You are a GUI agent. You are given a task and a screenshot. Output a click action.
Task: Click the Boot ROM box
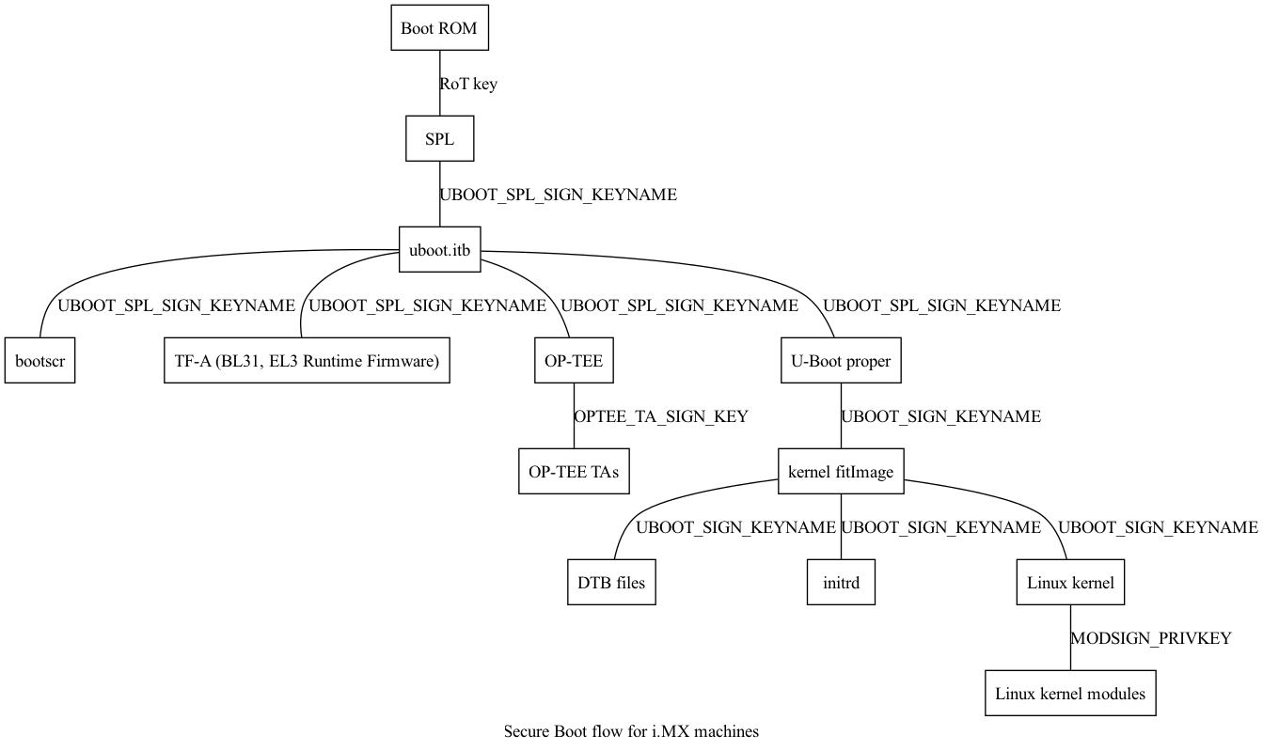coord(439,28)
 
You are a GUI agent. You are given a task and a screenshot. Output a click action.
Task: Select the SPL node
coord(439,139)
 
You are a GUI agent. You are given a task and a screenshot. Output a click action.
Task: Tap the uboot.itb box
coord(439,250)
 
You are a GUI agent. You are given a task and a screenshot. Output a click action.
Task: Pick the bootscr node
coord(39,361)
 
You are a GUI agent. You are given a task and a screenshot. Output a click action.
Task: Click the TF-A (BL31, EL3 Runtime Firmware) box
coord(307,361)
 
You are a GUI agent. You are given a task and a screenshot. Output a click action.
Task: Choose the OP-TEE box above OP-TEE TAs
coord(574,361)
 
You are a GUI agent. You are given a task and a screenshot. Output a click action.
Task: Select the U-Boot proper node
coord(841,361)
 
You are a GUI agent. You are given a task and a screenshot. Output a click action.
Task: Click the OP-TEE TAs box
coord(574,472)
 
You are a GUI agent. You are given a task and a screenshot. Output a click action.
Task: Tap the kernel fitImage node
coord(841,472)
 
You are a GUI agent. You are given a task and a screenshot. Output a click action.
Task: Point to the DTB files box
coord(611,583)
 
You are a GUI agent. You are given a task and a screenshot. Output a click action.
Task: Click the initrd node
coord(841,583)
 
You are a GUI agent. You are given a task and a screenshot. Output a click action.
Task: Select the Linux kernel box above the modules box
coord(1070,583)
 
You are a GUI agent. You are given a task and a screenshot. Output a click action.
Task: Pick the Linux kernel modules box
coord(1070,694)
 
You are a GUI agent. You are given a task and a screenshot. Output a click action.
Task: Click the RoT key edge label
coord(468,84)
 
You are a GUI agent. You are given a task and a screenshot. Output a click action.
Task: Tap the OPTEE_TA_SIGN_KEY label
coord(661,416)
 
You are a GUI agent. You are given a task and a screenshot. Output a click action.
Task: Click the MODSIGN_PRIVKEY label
coord(1151,638)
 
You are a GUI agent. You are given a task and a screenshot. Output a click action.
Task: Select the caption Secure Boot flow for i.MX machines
coord(631,731)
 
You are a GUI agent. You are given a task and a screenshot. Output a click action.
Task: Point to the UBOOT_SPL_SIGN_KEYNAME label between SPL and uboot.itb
coord(559,196)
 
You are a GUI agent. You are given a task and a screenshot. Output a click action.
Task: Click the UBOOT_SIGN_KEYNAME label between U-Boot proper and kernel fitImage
coord(941,416)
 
